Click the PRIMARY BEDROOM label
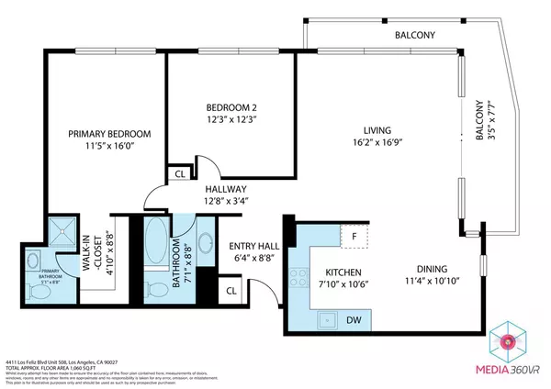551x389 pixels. (x=110, y=134)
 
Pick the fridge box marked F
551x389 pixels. (x=354, y=236)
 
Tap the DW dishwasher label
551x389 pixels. (x=353, y=320)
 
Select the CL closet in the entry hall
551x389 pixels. (x=231, y=291)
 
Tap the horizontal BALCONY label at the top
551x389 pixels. (x=414, y=35)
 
